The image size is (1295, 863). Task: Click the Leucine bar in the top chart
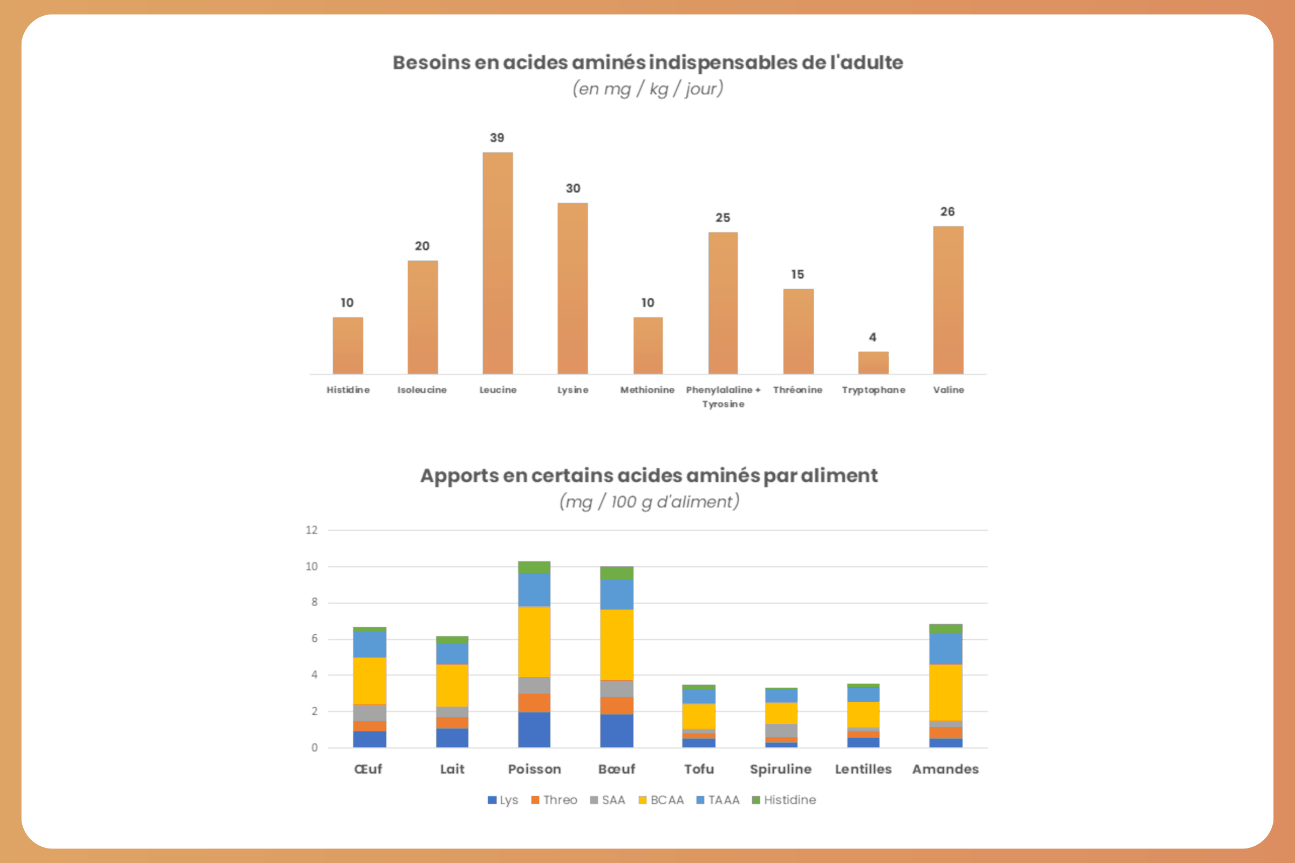click(497, 263)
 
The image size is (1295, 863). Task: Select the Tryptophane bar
click(873, 362)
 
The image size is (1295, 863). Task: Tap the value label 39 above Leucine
click(496, 138)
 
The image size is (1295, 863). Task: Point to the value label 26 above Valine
click(947, 212)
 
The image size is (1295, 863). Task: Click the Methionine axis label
click(647, 389)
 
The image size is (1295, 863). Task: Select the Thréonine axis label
click(798, 389)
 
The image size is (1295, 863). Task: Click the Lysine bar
click(572, 289)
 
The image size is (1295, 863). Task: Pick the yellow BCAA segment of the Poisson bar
click(534, 642)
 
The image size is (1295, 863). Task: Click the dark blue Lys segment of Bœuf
click(616, 730)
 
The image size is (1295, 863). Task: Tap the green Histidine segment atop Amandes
click(945, 628)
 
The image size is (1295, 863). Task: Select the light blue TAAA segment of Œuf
click(370, 645)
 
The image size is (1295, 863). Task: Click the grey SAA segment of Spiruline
click(781, 730)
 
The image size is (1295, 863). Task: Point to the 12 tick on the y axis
click(312, 530)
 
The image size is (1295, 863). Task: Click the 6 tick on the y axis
click(315, 639)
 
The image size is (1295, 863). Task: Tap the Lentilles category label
click(863, 769)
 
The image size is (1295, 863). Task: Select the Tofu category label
click(699, 769)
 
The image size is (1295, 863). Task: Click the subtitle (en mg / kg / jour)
click(647, 88)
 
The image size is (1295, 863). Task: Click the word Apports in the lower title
click(460, 476)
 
